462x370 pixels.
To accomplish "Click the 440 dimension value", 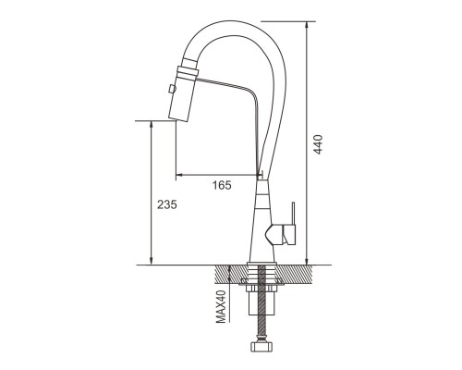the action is coord(319,144).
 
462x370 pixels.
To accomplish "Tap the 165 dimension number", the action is coord(222,185).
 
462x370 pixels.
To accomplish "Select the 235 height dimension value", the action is coord(167,204).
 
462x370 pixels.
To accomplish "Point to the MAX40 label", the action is coord(221,307).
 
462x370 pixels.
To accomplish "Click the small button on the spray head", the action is coord(172,89).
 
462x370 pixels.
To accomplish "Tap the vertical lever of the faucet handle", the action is coord(293,214).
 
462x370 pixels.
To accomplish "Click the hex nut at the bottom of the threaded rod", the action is coord(261,345).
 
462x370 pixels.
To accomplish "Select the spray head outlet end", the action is coord(178,119).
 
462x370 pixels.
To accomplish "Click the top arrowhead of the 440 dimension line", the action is coord(307,25).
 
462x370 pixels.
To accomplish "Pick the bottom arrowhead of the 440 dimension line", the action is coord(307,261).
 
